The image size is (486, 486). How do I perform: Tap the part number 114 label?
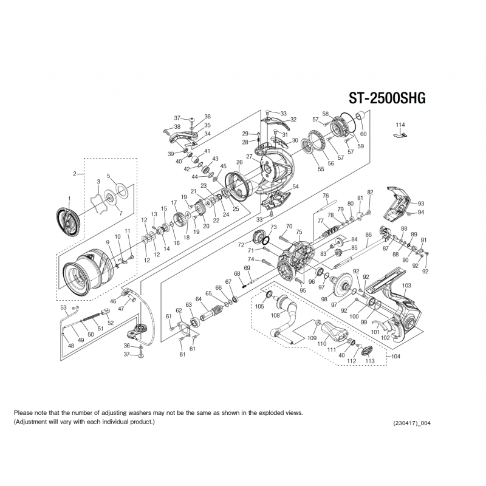[x=399, y=125]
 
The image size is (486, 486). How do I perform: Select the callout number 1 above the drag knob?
[x=69, y=199]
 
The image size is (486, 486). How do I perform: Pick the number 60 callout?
[x=363, y=134]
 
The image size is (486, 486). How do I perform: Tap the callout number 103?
[x=407, y=286]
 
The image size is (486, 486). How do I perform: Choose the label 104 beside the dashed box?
[x=396, y=357]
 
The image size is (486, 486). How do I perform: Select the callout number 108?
[x=275, y=315]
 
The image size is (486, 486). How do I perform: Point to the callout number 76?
[x=325, y=196]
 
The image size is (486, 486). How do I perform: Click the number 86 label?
[x=368, y=234]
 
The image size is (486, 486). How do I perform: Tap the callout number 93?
[x=420, y=204]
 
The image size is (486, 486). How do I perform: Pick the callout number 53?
[x=63, y=307]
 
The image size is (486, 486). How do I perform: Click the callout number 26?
[x=239, y=162]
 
